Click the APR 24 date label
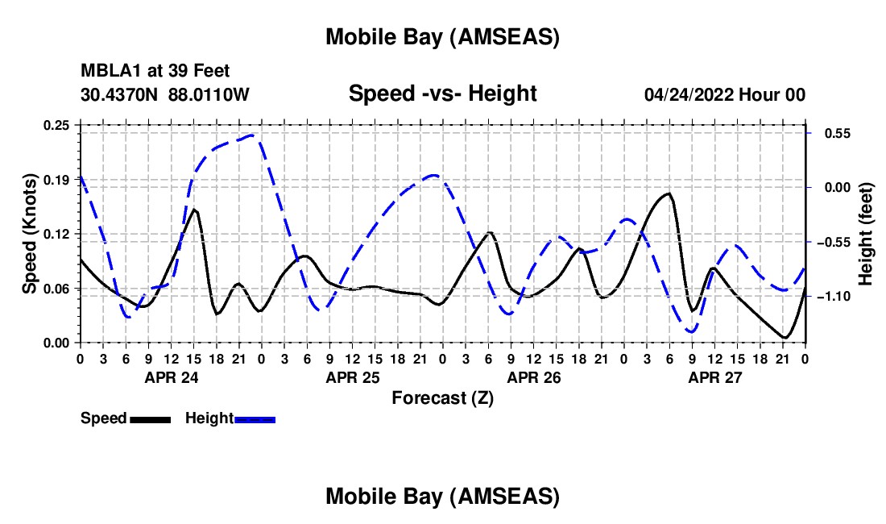tap(170, 377)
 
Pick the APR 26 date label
tap(533, 377)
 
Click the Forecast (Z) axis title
tap(442, 397)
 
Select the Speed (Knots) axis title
tap(30, 234)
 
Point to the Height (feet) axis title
tap(866, 234)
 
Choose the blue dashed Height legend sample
tap(255, 418)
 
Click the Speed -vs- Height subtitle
tap(442, 94)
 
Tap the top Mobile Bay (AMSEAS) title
tap(442, 37)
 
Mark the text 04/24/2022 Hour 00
tap(724, 95)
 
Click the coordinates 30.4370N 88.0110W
tap(165, 95)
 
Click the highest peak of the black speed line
tap(668, 193)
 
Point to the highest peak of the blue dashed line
tap(251, 135)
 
